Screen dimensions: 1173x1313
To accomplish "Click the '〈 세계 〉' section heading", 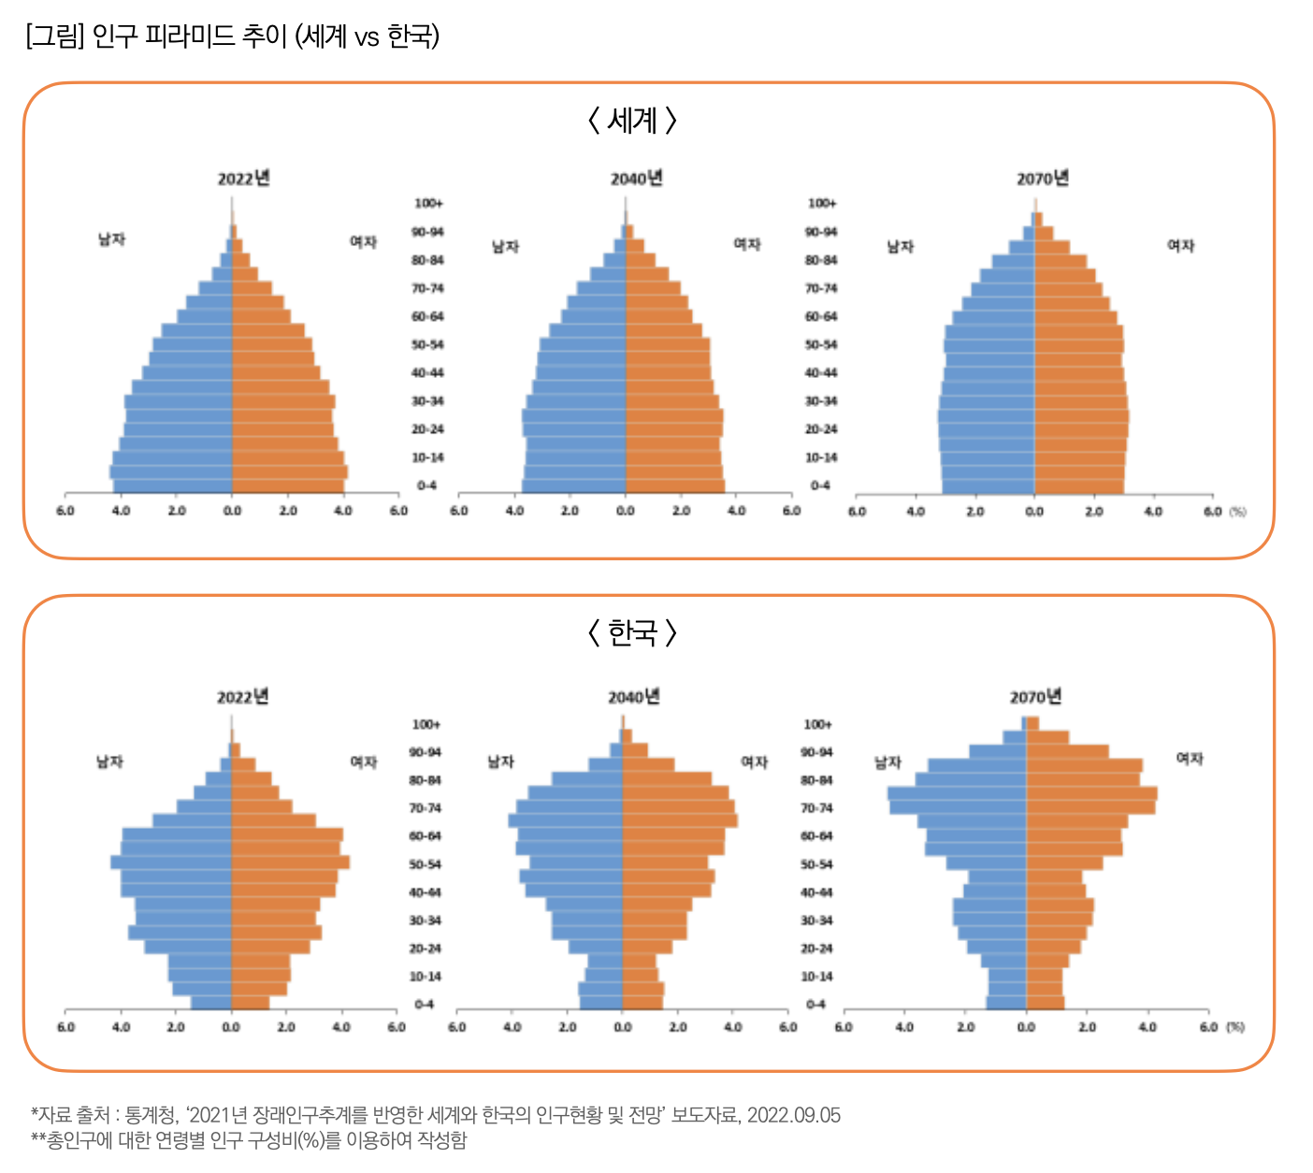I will pos(632,121).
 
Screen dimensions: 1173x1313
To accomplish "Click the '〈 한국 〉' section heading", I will pos(632,633).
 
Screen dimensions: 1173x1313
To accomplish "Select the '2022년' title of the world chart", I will pos(244,178).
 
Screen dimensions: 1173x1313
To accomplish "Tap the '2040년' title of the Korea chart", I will pos(634,697).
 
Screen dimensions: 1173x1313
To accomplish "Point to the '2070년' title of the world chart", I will pos(1043,178).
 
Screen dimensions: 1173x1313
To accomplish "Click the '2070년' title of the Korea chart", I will pos(1035,697).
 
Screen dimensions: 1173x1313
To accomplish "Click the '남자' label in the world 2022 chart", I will pos(111,239).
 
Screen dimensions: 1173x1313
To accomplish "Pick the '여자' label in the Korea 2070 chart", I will pos(1190,759).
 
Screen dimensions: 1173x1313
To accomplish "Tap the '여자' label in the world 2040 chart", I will pos(747,244).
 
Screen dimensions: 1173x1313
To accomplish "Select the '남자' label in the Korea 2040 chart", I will pos(501,761).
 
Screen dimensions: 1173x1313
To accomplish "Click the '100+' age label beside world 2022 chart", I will pos(428,203).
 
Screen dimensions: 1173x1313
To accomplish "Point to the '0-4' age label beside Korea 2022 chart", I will pos(425,1005).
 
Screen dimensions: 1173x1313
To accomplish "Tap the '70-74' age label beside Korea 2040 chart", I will pos(816,808).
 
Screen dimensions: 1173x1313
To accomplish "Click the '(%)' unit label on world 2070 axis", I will pos(1237,512).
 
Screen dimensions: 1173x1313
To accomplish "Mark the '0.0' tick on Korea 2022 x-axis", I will pos(231,1027).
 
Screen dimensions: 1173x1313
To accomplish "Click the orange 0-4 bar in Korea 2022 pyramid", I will pos(251,1003).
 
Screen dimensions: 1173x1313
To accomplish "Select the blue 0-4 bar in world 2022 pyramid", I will pos(173,486).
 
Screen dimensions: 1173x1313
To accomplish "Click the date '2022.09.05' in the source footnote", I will pos(793,1115).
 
